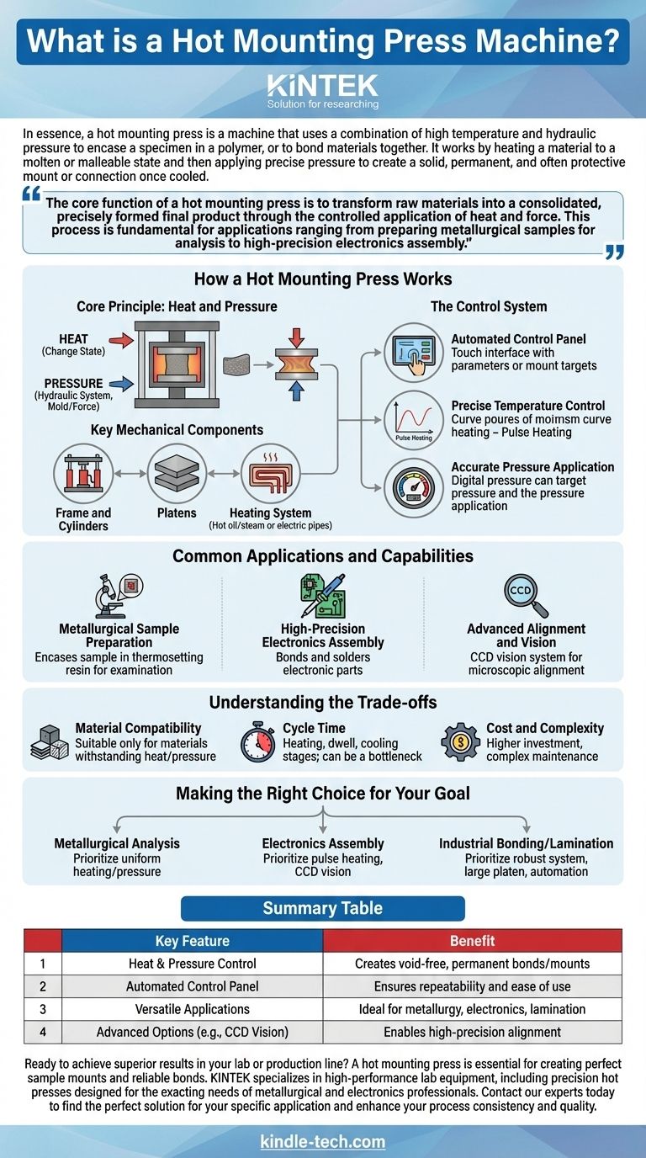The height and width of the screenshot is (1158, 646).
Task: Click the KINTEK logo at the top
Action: [x=322, y=85]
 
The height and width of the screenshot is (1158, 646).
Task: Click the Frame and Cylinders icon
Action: [x=82, y=474]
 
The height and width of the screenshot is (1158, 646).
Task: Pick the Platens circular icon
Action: [x=177, y=474]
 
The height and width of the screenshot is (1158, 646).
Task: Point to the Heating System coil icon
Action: [x=270, y=474]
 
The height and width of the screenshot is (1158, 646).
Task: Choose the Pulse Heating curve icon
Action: [x=413, y=418]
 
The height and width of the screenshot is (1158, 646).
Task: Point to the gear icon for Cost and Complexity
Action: [x=460, y=741]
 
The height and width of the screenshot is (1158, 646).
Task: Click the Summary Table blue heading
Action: [x=323, y=908]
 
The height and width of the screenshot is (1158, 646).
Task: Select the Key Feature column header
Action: [x=192, y=941]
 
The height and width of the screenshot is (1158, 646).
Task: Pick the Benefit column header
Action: [x=472, y=941]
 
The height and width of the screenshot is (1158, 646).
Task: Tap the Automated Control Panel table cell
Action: [x=192, y=986]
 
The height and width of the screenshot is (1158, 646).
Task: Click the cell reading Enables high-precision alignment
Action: [x=472, y=1032]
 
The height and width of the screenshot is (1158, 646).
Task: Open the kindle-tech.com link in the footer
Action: [x=323, y=1142]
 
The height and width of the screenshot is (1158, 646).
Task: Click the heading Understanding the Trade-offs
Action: [x=323, y=703]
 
